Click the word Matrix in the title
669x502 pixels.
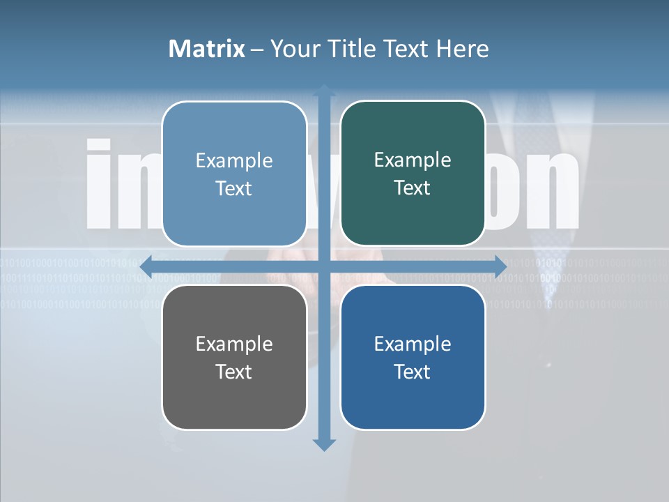206,49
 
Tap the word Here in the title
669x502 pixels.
462,49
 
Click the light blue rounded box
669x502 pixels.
234,174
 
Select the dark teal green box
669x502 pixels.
413,174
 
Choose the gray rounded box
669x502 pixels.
234,357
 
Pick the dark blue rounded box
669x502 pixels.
413,357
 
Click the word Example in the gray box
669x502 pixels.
234,344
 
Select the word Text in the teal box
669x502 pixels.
413,188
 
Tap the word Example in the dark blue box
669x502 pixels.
413,344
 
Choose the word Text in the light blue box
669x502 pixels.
234,189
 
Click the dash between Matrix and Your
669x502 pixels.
257,50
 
